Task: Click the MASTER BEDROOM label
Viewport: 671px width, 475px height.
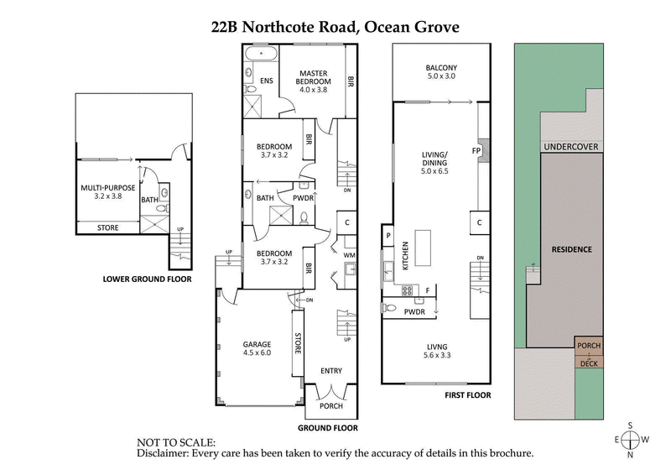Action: pyautogui.click(x=315, y=78)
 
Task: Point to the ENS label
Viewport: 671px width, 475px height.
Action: pyautogui.click(x=266, y=81)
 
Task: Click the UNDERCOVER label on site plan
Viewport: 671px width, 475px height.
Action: pyautogui.click(x=569, y=147)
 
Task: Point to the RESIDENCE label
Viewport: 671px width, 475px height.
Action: pyautogui.click(x=572, y=249)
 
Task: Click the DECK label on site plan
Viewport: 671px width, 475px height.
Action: pyautogui.click(x=589, y=363)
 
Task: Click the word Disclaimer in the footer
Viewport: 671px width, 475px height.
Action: pyautogui.click(x=165, y=453)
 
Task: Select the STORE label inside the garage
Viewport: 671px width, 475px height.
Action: pyautogui.click(x=297, y=344)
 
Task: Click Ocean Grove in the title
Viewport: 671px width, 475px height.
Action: pyautogui.click(x=410, y=27)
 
